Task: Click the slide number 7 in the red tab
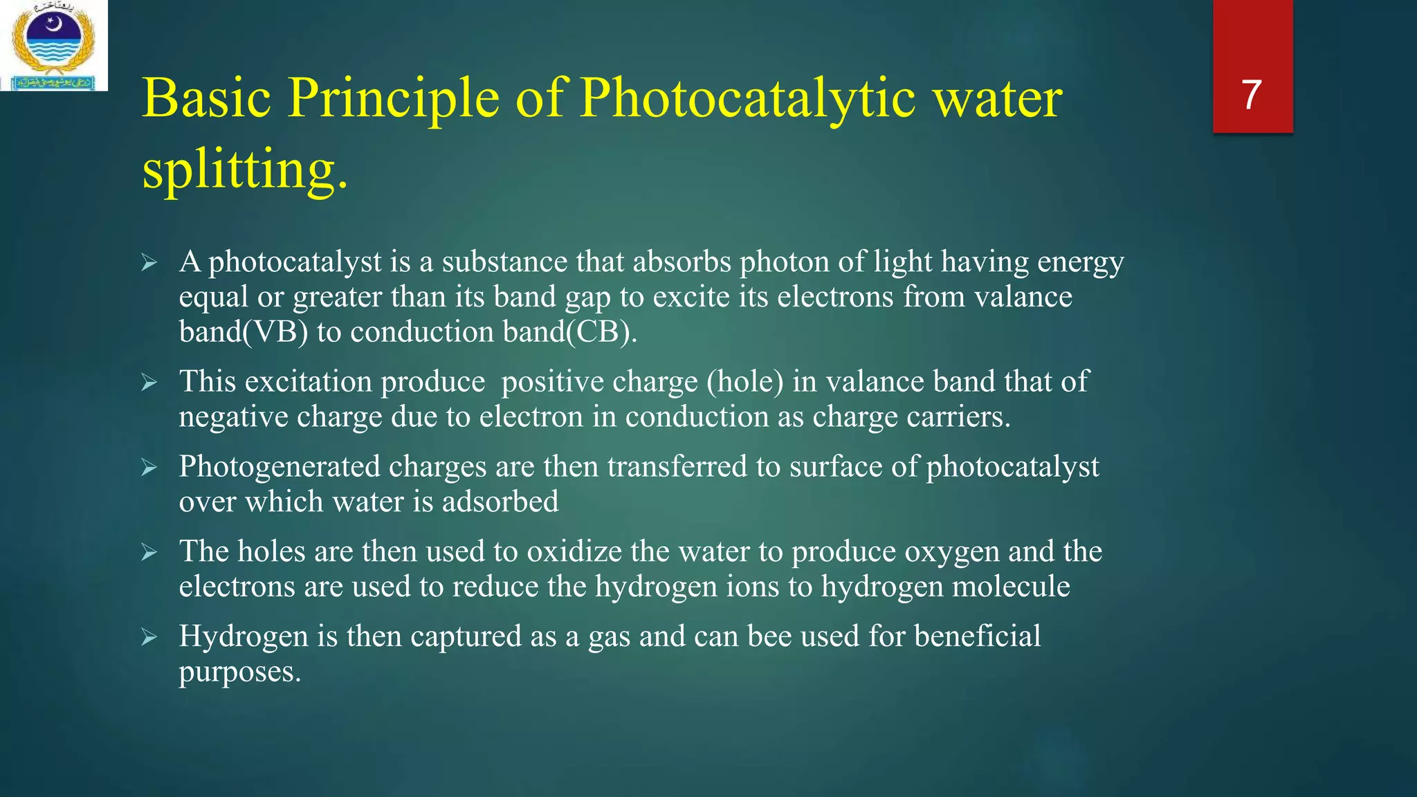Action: pos(1252,95)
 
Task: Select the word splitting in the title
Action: pos(244,170)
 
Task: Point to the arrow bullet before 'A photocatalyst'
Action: pos(149,263)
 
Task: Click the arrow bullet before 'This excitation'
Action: pos(149,383)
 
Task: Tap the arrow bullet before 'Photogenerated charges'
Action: pos(149,468)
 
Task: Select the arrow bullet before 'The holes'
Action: pos(149,553)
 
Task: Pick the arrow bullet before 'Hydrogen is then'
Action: pos(149,637)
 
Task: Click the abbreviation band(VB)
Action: pos(243,332)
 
